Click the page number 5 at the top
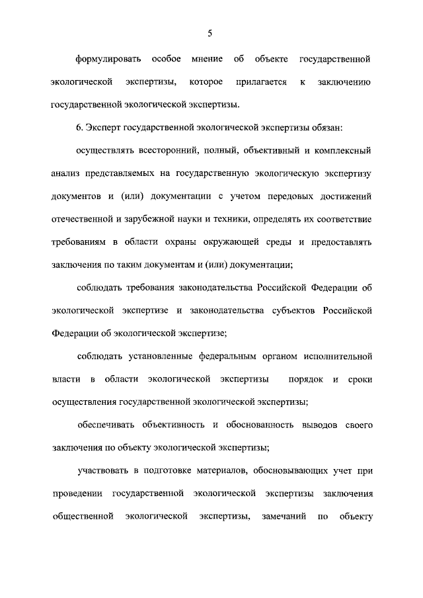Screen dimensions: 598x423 tap(210, 33)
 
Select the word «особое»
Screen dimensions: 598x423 tap(167, 60)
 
